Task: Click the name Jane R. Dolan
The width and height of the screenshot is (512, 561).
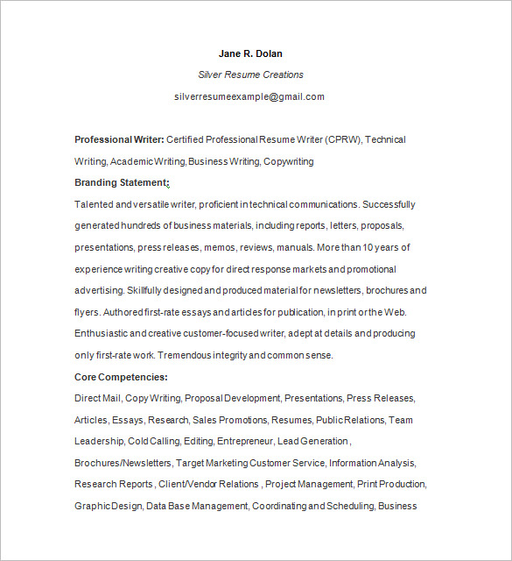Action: coord(250,53)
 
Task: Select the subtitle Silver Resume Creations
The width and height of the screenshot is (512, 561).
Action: coord(250,75)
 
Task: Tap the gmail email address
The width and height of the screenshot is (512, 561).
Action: coord(249,96)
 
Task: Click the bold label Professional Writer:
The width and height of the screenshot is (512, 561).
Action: coord(119,139)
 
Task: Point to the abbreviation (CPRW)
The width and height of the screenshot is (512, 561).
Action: coord(343,139)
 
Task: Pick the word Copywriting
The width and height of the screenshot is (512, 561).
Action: coord(288,161)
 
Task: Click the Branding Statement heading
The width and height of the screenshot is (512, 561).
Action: coord(121,182)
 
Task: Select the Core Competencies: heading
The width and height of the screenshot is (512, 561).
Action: coord(121,376)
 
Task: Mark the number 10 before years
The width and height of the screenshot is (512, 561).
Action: coord(372,247)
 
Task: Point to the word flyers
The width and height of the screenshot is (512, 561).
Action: coord(87,312)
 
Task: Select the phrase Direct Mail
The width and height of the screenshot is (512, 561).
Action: coord(97,398)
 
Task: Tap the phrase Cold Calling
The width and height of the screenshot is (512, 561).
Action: coord(150,441)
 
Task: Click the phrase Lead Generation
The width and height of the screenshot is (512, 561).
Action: coord(312,441)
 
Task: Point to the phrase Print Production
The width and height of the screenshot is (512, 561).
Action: coord(392,484)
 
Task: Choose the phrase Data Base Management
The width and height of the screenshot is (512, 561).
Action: coord(197,506)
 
